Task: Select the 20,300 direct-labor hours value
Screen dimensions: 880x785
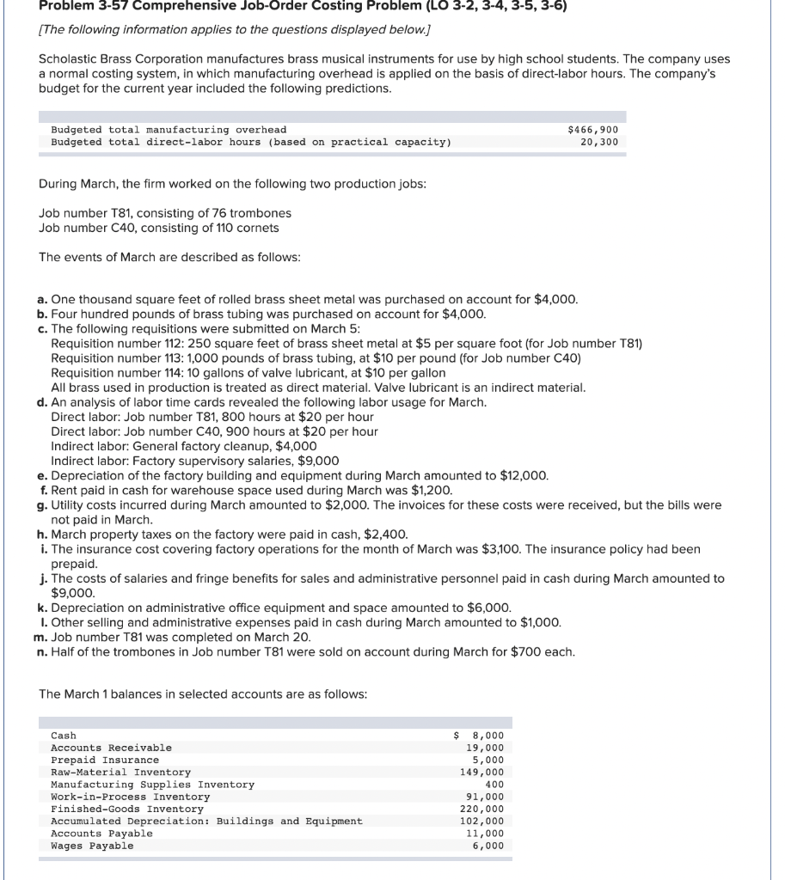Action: pyautogui.click(x=599, y=142)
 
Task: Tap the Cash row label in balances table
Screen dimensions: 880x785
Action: pyautogui.click(x=64, y=736)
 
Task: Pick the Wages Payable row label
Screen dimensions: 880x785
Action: pyautogui.click(x=92, y=846)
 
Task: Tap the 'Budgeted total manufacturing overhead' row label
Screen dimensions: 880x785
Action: pyautogui.click(x=169, y=130)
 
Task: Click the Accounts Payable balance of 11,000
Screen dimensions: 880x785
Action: pyautogui.click(x=488, y=834)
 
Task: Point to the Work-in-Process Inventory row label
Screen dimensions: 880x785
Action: pyautogui.click(x=130, y=797)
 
